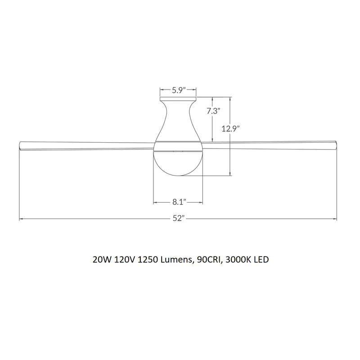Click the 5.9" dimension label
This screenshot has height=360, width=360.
179,90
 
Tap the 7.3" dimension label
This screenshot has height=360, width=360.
213,111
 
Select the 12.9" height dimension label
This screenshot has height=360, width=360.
230,129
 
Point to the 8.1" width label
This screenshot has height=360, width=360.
179,202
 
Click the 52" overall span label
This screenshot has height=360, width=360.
179,218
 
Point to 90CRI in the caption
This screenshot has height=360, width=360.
210,260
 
